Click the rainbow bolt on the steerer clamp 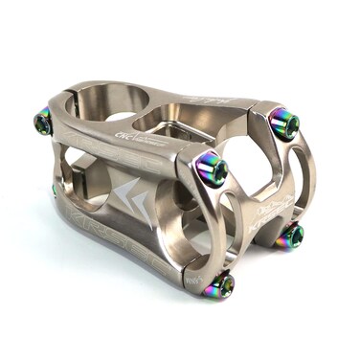[43, 121]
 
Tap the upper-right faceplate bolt [283, 123]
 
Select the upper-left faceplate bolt [212, 169]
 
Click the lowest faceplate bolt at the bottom [221, 284]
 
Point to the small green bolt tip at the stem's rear [55, 189]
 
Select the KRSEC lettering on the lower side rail [115, 244]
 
